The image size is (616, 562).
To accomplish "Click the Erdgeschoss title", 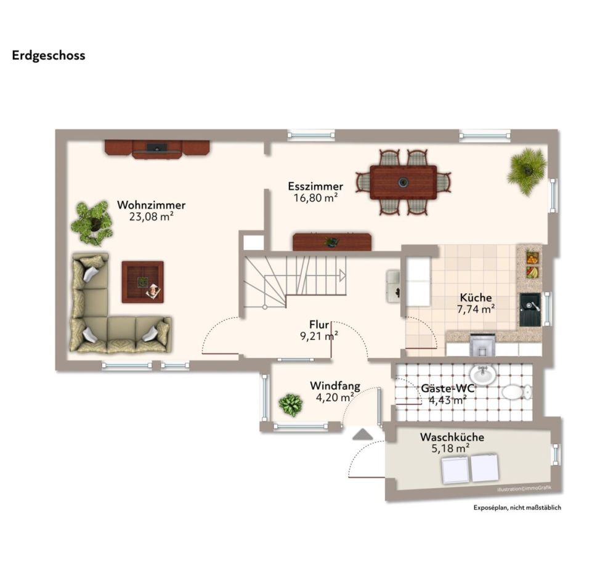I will tap(48, 55).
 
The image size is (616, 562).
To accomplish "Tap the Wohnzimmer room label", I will tap(151, 205).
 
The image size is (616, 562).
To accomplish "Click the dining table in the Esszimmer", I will tap(403, 182).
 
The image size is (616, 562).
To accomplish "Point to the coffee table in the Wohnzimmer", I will tap(142, 282).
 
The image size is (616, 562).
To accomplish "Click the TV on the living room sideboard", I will tap(156, 147).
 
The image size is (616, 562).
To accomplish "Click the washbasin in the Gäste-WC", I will tap(482, 374).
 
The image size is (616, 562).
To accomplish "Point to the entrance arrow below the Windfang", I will tap(362, 434).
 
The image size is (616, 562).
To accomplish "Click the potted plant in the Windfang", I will tap(290, 405).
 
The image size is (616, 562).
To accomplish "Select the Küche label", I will tap(476, 298).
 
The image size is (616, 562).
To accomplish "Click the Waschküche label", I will tap(452, 437).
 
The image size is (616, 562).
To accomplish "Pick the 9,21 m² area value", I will tap(318, 336).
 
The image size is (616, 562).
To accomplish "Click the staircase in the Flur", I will tap(294, 281).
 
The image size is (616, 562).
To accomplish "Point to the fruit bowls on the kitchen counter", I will tap(532, 264).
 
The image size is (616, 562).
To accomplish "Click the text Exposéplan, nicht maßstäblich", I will tap(517, 508).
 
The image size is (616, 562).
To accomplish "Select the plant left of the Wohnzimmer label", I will tap(92, 222).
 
